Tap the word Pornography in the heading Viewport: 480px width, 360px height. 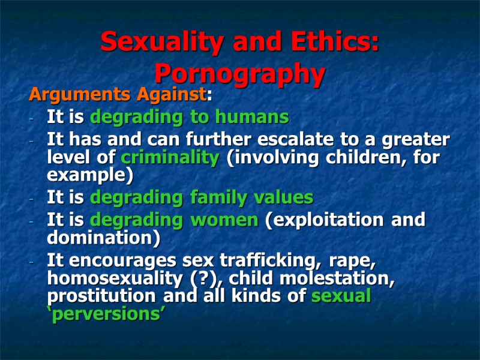[240, 74]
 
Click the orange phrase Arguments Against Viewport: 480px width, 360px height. [117, 95]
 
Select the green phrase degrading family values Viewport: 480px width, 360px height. [201, 197]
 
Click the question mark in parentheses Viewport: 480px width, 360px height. [213, 278]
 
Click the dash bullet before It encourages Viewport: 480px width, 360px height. [31, 262]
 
